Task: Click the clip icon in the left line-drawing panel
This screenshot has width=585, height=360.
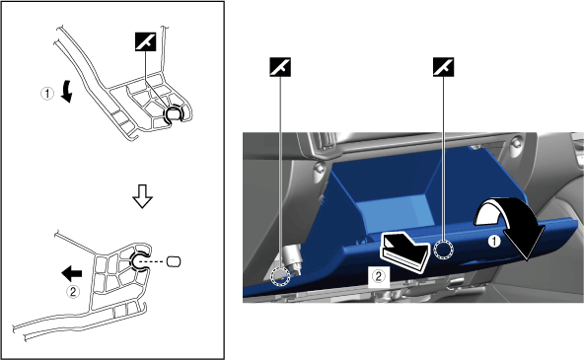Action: coord(145,40)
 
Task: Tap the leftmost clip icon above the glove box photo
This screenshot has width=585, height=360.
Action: coord(280,67)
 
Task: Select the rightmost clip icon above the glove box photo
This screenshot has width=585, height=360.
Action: coord(443,67)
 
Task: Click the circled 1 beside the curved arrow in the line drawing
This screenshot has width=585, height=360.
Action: coord(47,94)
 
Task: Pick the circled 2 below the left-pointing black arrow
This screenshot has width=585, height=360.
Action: coord(73,291)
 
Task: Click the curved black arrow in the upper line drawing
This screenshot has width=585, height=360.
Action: coord(67,91)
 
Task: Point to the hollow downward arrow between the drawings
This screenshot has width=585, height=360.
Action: coord(142,196)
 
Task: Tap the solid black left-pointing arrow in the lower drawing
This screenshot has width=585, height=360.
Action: coord(72,273)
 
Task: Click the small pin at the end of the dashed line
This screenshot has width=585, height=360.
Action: coord(173,261)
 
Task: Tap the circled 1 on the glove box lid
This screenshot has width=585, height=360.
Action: coord(494,241)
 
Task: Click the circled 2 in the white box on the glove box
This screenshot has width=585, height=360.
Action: coord(378,276)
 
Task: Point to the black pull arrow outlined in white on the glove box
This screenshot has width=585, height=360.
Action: coord(404,252)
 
